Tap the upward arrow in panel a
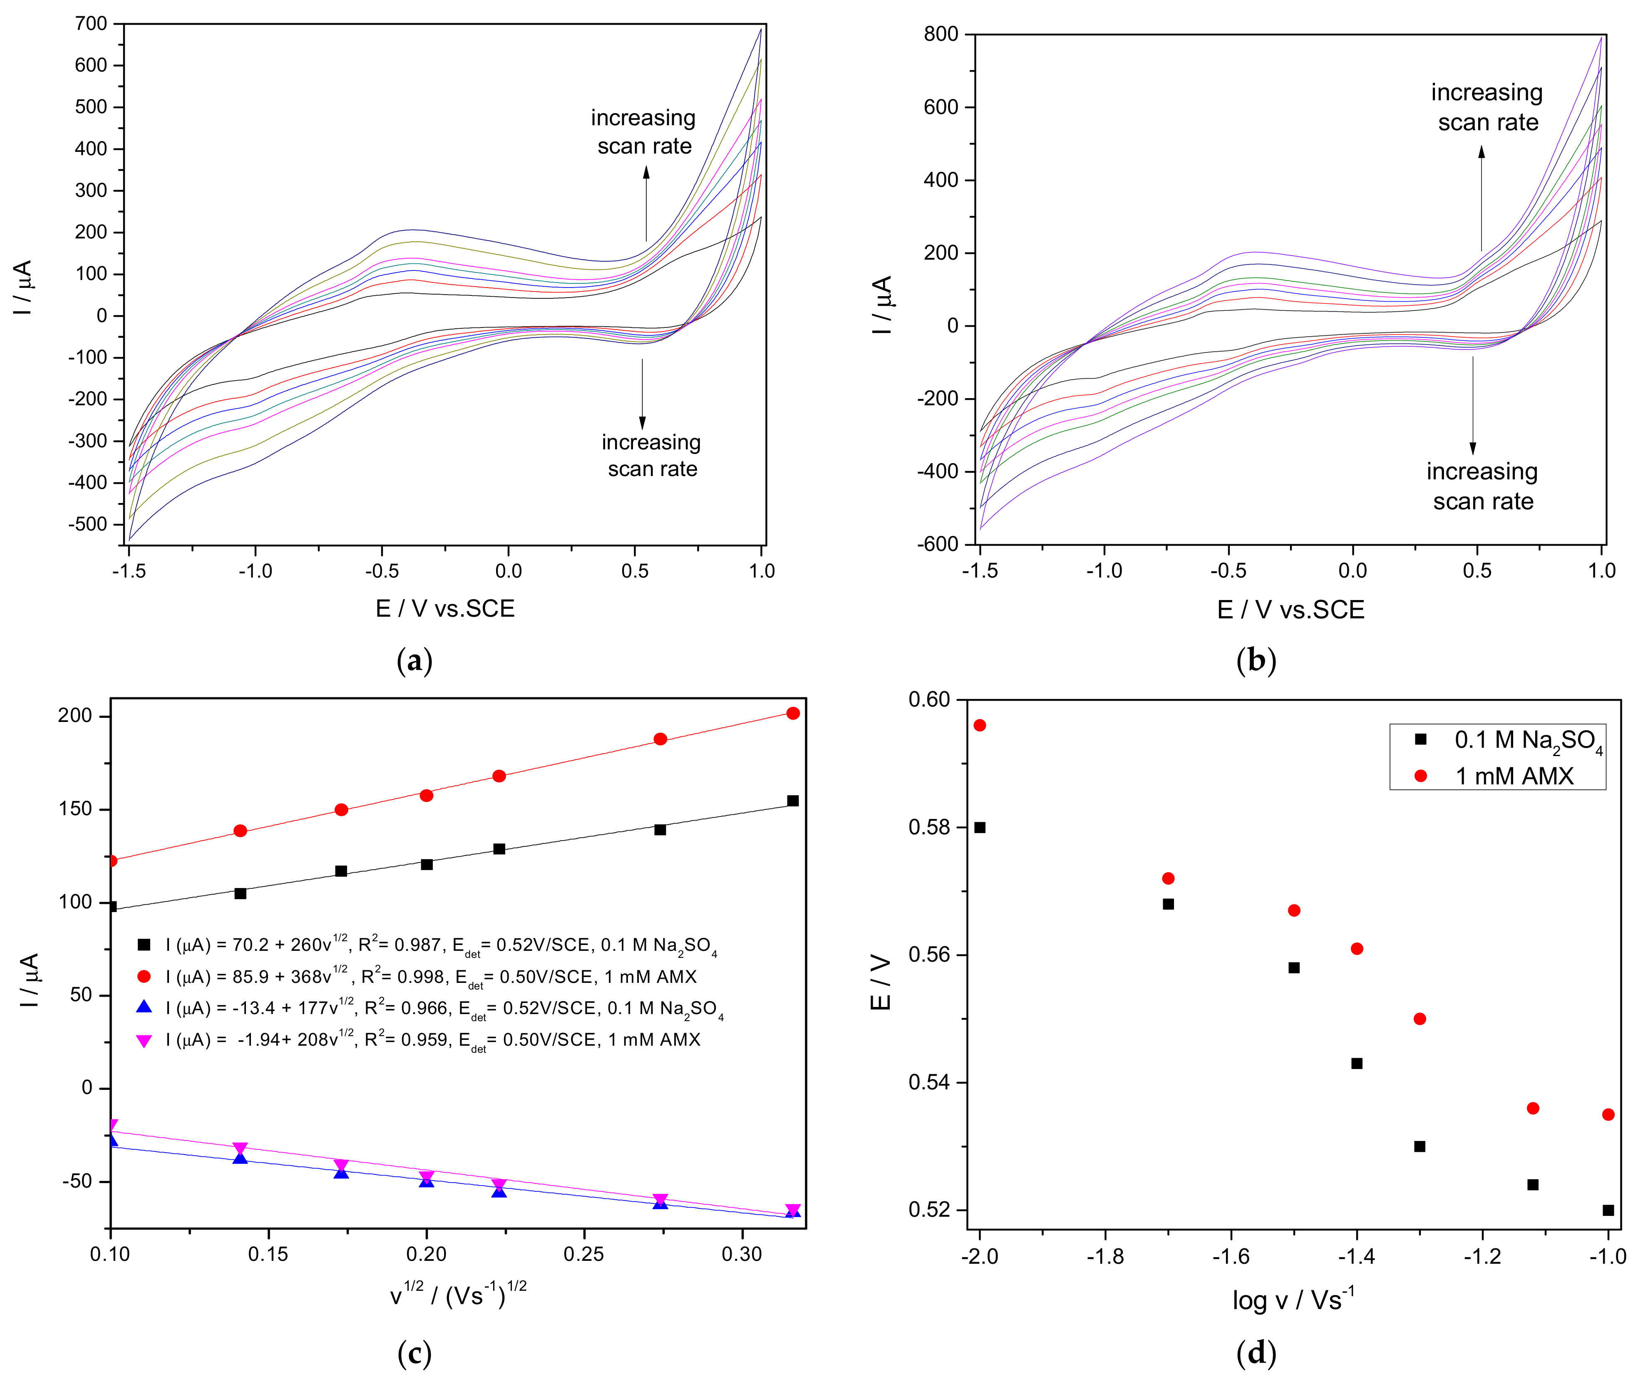click(x=646, y=203)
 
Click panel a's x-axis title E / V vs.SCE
click(x=444, y=608)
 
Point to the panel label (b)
click(x=1256, y=661)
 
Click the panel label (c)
click(x=414, y=1352)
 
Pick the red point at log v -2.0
click(x=980, y=725)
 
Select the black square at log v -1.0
click(x=1608, y=1210)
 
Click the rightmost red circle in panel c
click(x=792, y=712)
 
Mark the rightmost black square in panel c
click(x=792, y=800)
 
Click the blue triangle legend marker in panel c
click(x=144, y=1007)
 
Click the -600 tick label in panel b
click(x=937, y=544)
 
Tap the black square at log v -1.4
click(x=1357, y=1063)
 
